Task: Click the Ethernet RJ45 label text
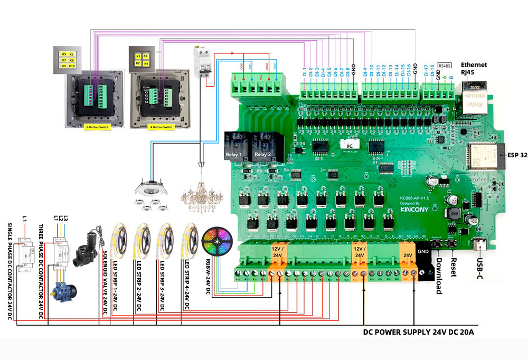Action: coord(474,69)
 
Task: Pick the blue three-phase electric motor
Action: coord(63,288)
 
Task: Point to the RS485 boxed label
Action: coord(445,65)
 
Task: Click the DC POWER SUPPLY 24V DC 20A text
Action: coord(418,333)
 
